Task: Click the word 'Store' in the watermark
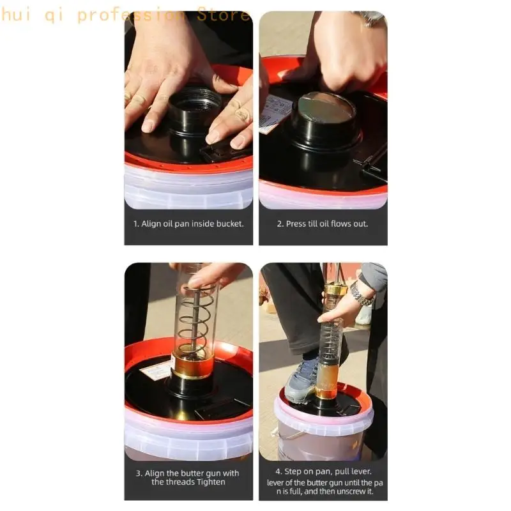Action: [x=224, y=15]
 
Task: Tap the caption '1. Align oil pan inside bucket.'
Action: [x=188, y=224]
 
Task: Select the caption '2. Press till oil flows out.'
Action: [x=323, y=224]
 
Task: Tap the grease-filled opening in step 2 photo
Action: [x=326, y=109]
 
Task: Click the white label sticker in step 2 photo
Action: [x=275, y=112]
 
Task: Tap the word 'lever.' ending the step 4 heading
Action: [x=361, y=471]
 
